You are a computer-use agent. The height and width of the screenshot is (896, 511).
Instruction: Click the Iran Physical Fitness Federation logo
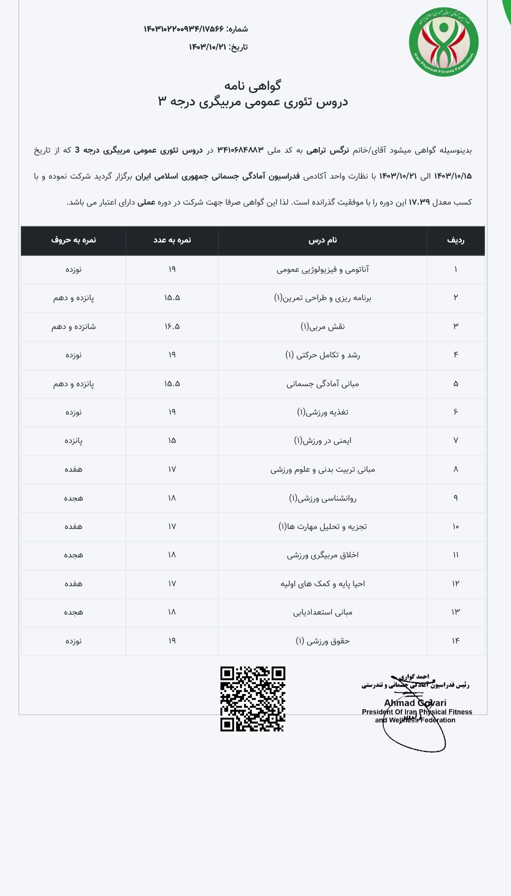(x=443, y=42)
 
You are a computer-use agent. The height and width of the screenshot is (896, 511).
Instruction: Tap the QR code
(x=253, y=699)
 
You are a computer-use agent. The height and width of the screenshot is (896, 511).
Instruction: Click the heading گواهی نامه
(x=253, y=86)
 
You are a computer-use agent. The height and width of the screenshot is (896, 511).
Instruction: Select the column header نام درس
(x=323, y=240)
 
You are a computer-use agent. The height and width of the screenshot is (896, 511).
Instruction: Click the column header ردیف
(x=456, y=240)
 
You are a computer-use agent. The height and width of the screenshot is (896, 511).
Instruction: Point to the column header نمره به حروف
(x=73, y=240)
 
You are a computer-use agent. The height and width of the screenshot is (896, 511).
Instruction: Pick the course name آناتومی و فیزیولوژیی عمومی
(x=323, y=270)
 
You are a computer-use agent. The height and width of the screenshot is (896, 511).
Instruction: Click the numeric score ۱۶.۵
(x=172, y=327)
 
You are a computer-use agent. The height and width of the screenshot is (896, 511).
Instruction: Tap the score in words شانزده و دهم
(x=73, y=327)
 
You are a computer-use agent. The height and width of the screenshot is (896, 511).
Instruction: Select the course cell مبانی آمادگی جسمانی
(x=323, y=384)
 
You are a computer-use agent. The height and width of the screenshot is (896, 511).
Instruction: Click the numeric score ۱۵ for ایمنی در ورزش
(x=172, y=441)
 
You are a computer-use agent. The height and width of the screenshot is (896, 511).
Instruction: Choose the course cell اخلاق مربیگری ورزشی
(x=323, y=555)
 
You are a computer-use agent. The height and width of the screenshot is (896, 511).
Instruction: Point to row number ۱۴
(x=456, y=641)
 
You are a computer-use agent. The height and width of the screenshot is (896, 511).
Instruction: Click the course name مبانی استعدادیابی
(x=323, y=612)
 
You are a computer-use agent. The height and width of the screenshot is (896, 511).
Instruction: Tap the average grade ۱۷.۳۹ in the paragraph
(x=419, y=202)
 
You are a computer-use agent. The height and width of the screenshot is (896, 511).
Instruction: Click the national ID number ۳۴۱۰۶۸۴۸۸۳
(x=240, y=150)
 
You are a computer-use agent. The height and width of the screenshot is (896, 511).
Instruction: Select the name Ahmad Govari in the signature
(x=415, y=703)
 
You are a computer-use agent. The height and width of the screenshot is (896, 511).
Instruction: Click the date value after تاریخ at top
(x=207, y=47)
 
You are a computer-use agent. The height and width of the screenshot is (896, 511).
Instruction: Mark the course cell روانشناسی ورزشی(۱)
(x=323, y=498)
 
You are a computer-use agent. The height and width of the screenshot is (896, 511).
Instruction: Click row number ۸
(x=456, y=469)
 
